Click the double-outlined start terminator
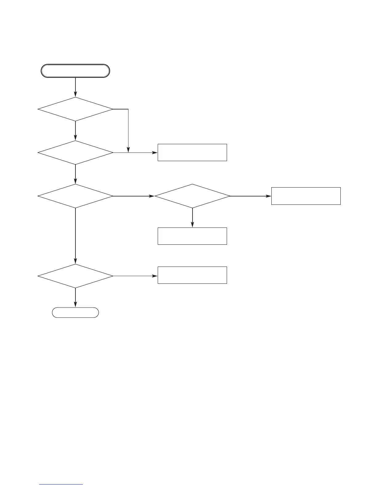tap(75, 71)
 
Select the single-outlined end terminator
tap(75, 312)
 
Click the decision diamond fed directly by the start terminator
tap(75, 109)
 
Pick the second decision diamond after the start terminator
tap(75, 152)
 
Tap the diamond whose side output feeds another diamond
tap(75, 196)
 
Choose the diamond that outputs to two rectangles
tap(192, 196)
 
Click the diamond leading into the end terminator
tap(75, 276)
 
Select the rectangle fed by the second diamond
tap(192, 152)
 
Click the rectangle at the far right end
tap(306, 196)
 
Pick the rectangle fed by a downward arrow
tap(192, 236)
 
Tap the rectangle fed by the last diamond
tap(192, 275)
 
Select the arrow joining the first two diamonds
tap(75, 131)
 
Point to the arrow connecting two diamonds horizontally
tap(133, 196)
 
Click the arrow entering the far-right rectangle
tap(250, 196)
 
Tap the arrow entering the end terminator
tap(75, 298)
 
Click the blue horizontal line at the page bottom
tap(61, 484)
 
